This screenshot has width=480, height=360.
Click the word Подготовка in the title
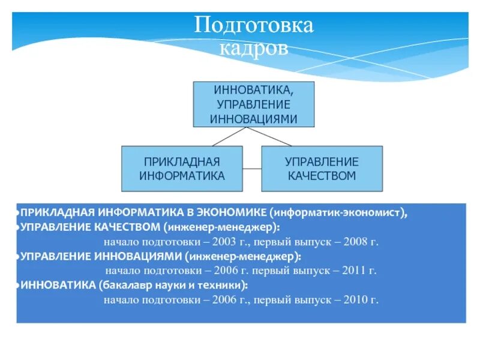[254, 26]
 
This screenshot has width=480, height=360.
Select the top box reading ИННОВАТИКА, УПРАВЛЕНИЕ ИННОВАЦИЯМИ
[254, 104]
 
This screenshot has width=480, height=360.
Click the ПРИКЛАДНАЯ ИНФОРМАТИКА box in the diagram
[182, 169]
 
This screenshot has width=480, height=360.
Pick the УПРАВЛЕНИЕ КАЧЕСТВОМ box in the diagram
[322, 169]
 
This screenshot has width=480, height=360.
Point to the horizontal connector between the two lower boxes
[252, 169]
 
